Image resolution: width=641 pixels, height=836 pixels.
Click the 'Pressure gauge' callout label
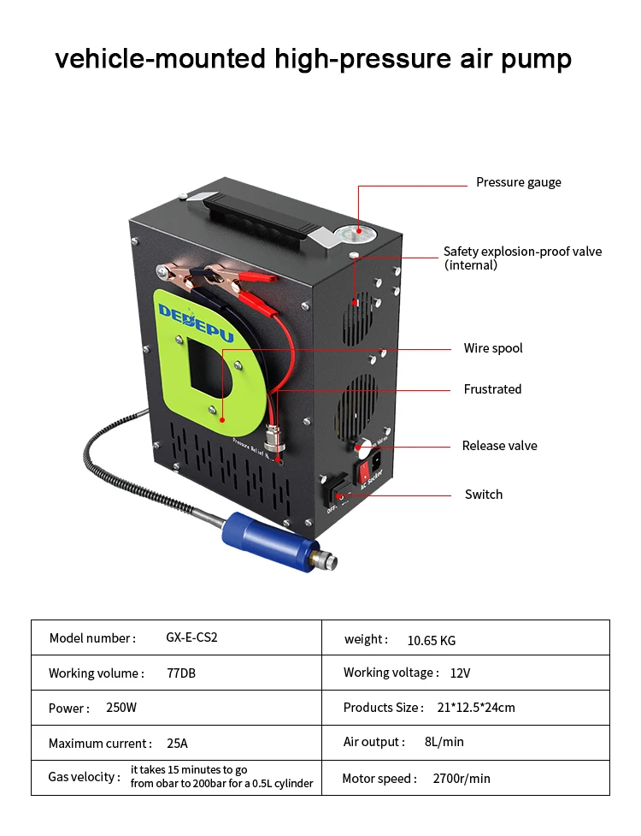coord(518,182)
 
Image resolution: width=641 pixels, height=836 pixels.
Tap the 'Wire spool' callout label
coord(493,348)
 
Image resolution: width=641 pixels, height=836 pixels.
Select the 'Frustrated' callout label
coord(492,389)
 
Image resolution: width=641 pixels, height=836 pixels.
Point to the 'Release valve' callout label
coord(499,446)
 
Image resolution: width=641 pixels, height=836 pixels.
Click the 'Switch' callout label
coord(483,495)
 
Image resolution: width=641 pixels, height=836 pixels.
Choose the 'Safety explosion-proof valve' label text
coord(522,252)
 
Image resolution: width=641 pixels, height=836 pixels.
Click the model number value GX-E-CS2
coord(185,638)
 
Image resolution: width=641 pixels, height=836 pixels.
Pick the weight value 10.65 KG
coord(431,640)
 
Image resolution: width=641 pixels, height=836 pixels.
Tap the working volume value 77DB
coord(181,673)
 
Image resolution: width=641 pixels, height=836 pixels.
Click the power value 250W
coord(121,709)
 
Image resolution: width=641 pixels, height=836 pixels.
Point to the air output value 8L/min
coord(444,742)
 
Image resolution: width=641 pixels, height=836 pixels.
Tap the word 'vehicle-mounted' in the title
coord(160,59)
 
